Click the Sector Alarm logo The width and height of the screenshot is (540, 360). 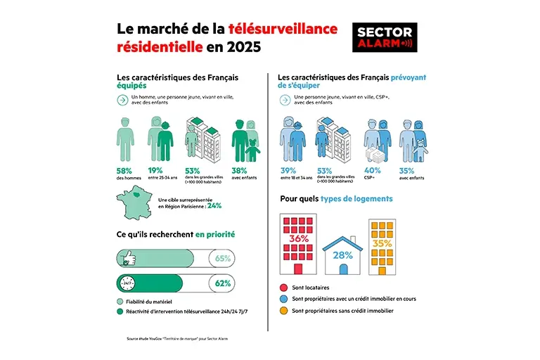tap(384, 37)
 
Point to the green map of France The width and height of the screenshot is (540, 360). tap(130, 204)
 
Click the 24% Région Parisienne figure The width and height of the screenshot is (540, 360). tap(214, 206)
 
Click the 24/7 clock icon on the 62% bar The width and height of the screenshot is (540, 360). tap(129, 284)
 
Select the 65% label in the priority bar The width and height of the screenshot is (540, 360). tap(223, 258)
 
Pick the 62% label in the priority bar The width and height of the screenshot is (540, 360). tap(223, 284)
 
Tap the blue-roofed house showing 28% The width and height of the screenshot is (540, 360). tap(342, 253)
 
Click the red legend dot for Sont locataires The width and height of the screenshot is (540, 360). tap(283, 288)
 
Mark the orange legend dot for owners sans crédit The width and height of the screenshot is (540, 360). tap(283, 309)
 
